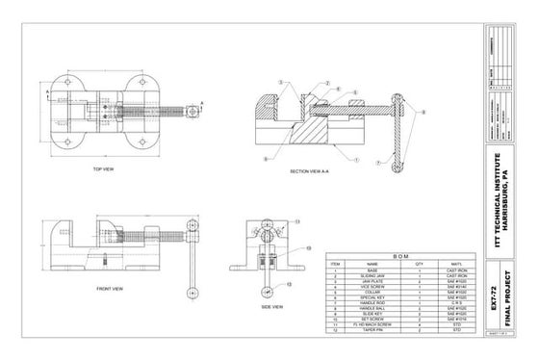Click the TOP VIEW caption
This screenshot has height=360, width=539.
[x=105, y=169]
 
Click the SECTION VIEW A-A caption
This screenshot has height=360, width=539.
[x=311, y=170]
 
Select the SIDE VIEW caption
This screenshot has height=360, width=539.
[x=271, y=306]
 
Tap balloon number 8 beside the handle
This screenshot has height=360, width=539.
[x=422, y=113]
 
